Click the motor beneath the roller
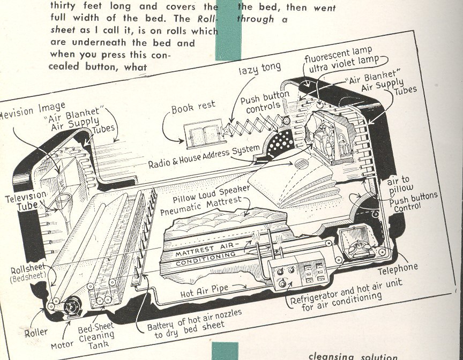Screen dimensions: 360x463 click(71, 307)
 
